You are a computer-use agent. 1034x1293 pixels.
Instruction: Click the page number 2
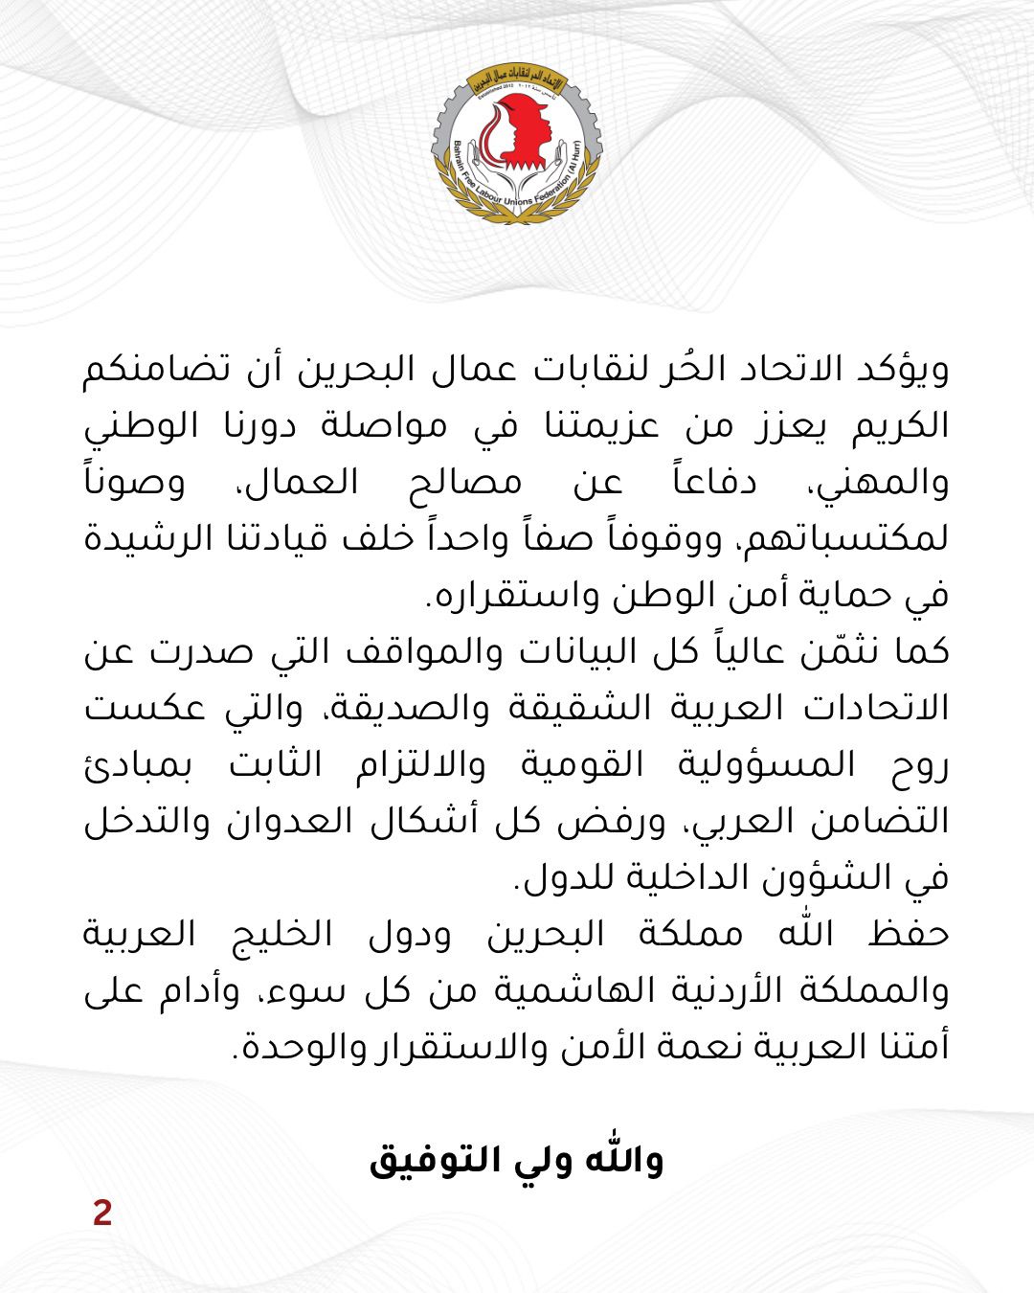coord(102,1213)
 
